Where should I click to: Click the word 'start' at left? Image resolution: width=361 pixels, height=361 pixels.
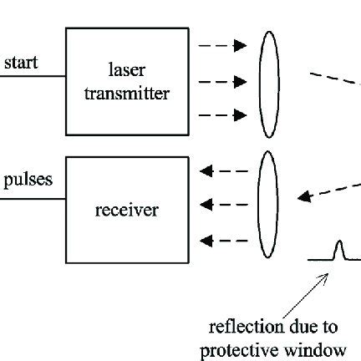(21, 64)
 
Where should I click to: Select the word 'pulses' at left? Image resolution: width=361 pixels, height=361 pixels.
(28, 179)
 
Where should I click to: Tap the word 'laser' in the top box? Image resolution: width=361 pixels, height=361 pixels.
(126, 69)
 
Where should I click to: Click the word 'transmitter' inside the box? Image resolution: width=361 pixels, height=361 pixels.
(126, 93)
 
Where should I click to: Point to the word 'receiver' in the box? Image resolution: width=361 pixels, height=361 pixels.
(126, 209)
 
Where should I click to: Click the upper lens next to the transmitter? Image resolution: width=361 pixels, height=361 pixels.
(267, 84)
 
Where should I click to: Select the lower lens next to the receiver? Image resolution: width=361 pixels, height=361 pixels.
(267, 204)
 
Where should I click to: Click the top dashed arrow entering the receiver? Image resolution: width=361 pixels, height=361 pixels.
(223, 170)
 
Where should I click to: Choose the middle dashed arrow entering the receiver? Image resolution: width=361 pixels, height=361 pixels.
(223, 204)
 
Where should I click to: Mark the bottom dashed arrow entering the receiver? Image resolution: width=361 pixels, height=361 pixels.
(223, 242)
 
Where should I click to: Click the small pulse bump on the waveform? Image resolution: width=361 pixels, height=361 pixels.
(338, 250)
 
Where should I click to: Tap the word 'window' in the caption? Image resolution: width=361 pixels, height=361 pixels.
(322, 348)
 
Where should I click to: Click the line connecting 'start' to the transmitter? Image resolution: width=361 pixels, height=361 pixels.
(33, 77)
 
